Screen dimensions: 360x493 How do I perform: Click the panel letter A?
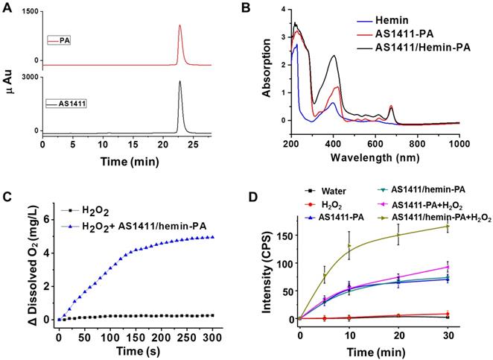pos(7,9)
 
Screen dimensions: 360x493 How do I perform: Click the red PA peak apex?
pos(179,25)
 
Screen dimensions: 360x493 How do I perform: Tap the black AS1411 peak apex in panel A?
pos(179,81)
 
